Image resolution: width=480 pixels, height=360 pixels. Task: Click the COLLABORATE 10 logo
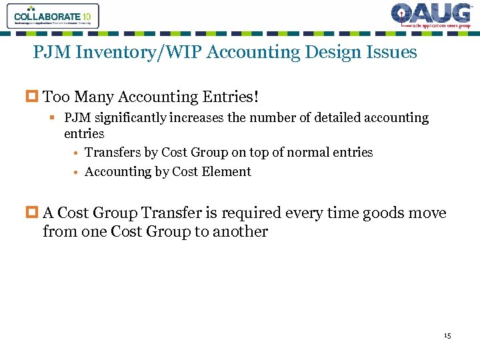(52, 16)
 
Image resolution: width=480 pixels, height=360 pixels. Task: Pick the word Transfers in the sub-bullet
(113, 153)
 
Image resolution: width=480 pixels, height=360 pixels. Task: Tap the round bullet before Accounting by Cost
(77, 173)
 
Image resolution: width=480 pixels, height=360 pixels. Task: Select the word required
(255, 214)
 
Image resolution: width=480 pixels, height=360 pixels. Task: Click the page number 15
(447, 335)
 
